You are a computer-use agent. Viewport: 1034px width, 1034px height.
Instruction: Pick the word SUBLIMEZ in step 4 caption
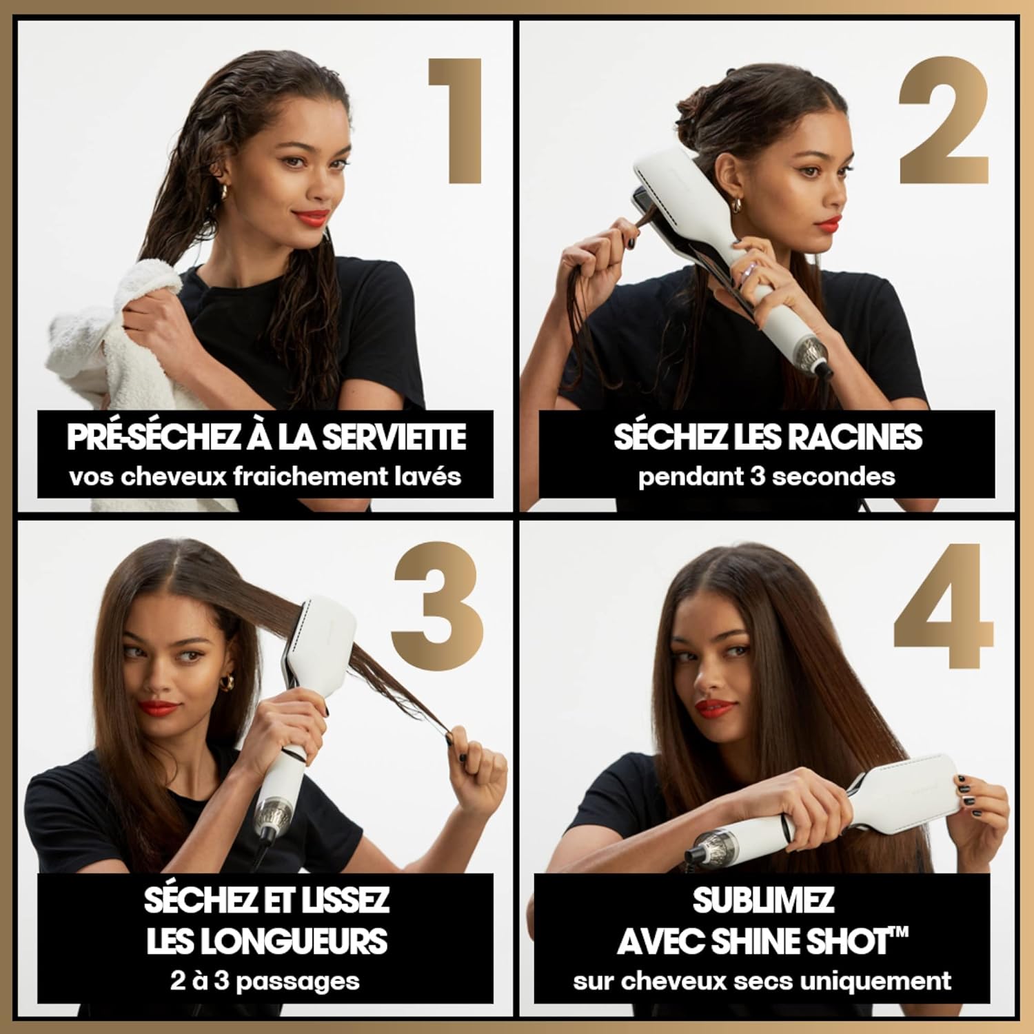point(763,900)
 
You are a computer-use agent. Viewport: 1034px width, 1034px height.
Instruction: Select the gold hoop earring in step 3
point(226,682)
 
